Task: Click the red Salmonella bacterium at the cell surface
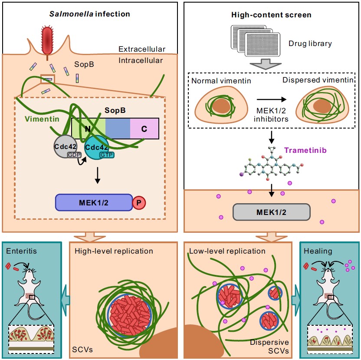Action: click(46, 40)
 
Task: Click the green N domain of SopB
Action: click(88, 128)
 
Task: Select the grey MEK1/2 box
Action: click(272, 211)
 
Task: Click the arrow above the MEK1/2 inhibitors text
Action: click(272, 104)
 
